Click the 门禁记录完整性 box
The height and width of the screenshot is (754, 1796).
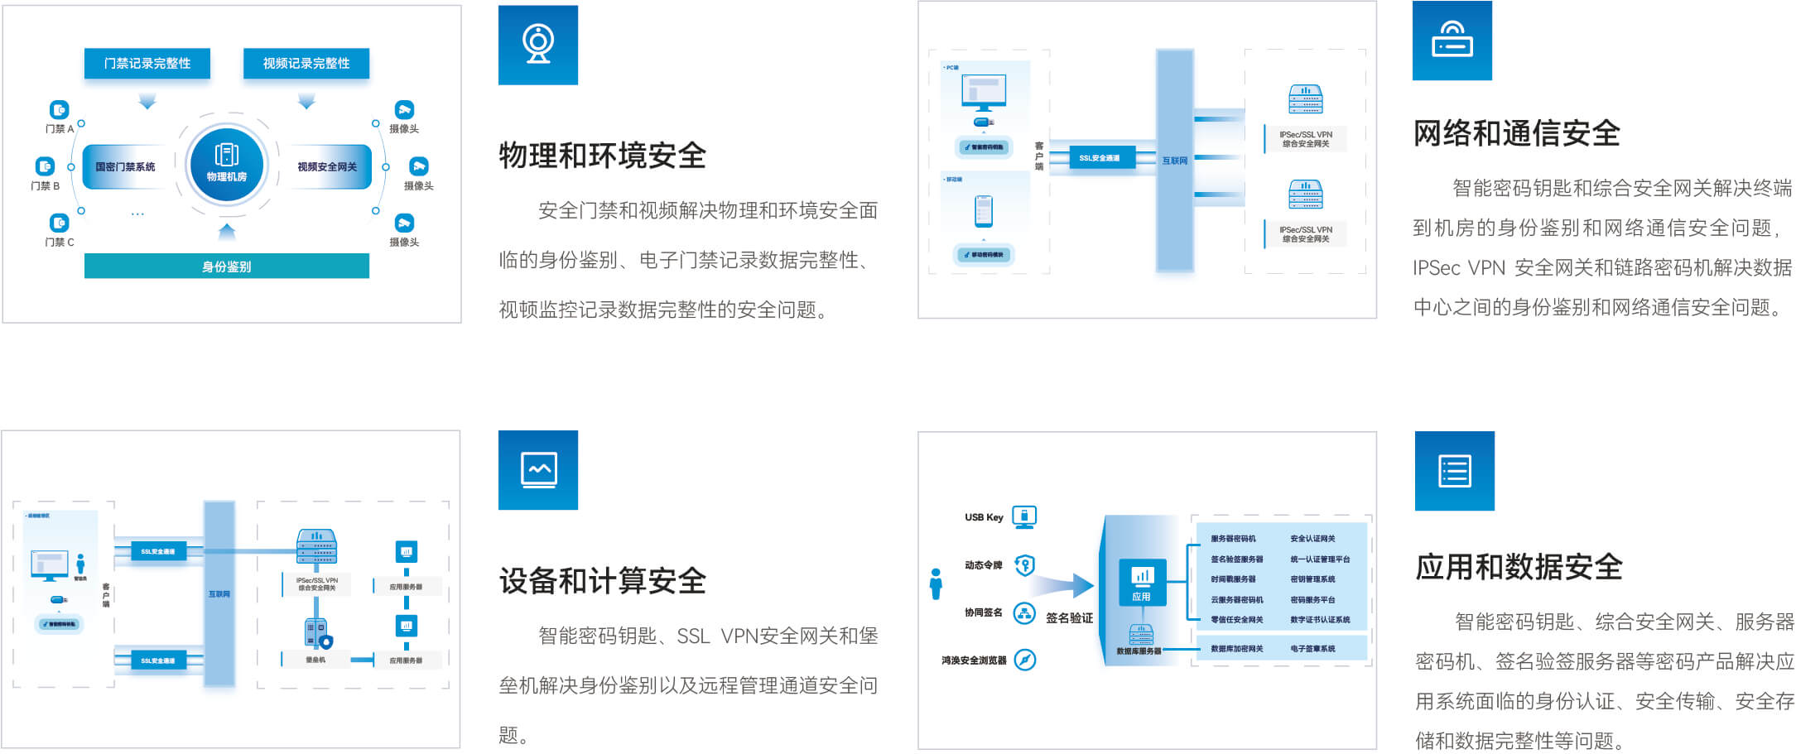147,64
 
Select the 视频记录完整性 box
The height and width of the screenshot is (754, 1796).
306,64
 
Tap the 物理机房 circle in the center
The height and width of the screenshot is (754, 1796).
226,166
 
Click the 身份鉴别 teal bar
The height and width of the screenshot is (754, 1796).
226,267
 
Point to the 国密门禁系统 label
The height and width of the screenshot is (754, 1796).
125,167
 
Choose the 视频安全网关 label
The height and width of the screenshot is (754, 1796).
327,167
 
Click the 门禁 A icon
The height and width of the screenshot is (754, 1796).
59,110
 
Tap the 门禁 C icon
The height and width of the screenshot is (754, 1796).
59,223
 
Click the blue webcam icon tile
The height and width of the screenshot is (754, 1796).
538,45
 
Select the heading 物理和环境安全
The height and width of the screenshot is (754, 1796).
602,156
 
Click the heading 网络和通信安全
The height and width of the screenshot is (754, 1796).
1516,133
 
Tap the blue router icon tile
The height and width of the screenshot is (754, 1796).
1452,41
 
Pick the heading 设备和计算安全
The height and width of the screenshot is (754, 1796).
602,581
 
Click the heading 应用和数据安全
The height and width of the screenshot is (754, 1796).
1519,567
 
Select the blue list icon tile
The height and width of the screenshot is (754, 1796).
1454,471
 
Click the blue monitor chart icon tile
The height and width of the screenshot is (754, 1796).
538,470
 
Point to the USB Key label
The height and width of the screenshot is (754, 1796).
984,517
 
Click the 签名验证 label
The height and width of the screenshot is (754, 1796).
1069,618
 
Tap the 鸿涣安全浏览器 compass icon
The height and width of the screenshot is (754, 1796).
1025,660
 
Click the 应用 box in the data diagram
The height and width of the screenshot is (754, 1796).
1142,583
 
